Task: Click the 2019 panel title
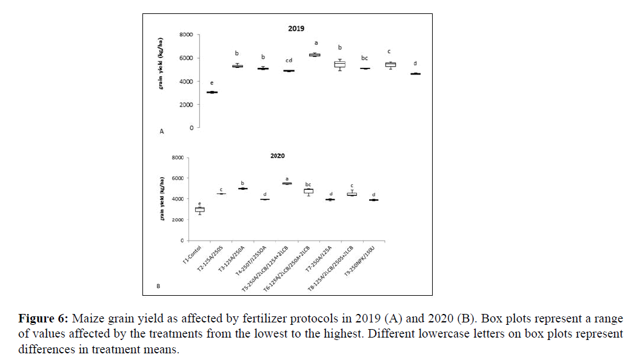[296, 28]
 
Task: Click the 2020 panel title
[277, 156]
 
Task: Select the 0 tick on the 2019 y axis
[192, 128]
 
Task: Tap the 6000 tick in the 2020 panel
[177, 178]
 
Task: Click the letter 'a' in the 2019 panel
[315, 43]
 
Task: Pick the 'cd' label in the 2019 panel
[289, 60]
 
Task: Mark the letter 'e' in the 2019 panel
[212, 82]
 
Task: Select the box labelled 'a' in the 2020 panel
[287, 183]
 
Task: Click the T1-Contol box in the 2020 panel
[199, 210]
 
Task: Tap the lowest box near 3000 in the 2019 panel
[212, 92]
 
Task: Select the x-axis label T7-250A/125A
[319, 262]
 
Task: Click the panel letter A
[161, 131]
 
